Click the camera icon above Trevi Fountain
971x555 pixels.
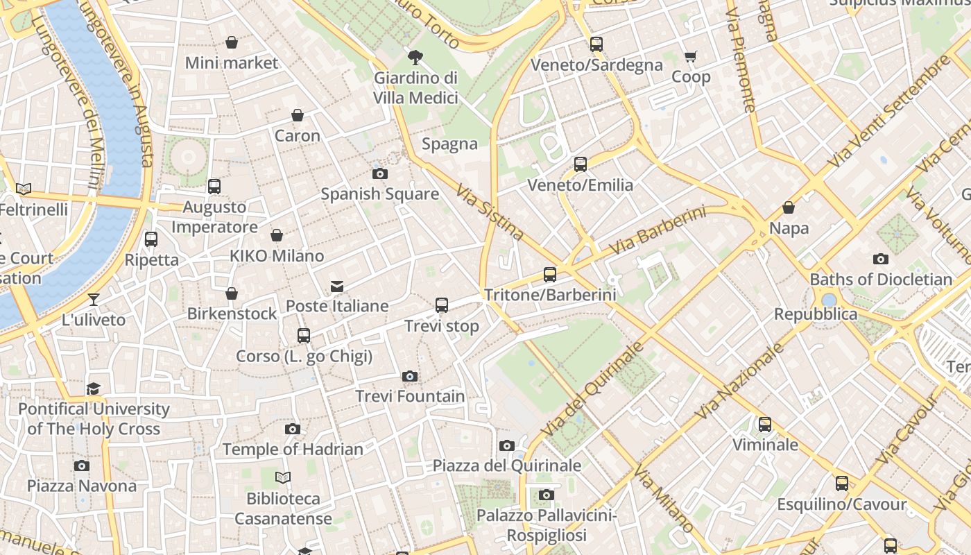410,376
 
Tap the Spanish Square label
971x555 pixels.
379,194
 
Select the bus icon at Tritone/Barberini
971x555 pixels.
550,275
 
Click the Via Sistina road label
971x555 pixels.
489,211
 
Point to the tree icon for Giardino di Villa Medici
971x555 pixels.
415,57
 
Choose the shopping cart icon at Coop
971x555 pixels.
691,56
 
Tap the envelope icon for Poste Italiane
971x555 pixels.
337,286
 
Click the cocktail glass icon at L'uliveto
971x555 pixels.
94,299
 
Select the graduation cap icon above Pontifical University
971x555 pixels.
94,388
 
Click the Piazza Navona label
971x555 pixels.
82,486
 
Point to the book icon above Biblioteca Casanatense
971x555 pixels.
283,477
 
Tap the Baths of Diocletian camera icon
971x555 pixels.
881,259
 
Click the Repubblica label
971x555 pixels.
816,314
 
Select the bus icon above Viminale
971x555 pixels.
765,424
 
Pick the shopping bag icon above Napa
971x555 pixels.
789,207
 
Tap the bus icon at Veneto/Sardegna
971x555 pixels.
596,44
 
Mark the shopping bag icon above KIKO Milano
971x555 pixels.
277,235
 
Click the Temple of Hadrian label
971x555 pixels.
293,450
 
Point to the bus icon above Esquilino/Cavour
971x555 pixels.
842,484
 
